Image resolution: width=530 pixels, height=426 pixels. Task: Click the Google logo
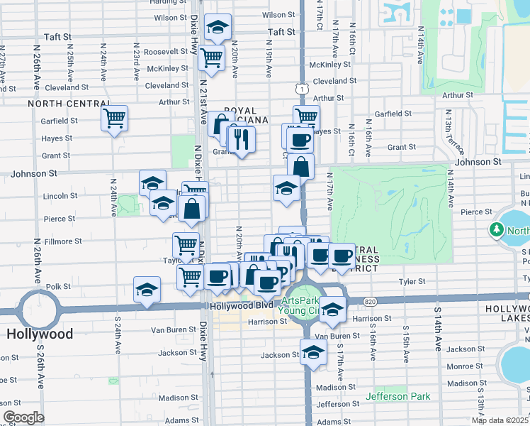[x=23, y=417]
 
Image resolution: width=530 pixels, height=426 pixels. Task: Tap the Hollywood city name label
[x=40, y=334]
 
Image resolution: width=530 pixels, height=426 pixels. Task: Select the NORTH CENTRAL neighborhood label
[x=63, y=104]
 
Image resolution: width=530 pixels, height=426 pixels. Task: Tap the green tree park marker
[x=497, y=230]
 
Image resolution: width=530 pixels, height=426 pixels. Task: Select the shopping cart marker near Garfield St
[x=114, y=119]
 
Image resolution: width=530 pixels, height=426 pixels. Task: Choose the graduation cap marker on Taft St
[x=218, y=28]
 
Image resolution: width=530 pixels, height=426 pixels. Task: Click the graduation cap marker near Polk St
[x=147, y=290]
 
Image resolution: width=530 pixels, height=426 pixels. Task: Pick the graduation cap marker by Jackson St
[x=313, y=351]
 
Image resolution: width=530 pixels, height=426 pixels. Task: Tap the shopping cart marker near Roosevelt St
[x=211, y=58]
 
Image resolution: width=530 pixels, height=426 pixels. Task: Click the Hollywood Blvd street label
[x=240, y=305]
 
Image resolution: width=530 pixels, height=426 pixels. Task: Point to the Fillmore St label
[x=63, y=241]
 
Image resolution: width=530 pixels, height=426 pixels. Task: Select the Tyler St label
[x=411, y=281]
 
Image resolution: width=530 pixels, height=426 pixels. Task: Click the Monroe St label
[x=465, y=366]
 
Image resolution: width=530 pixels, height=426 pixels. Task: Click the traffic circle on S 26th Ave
[x=38, y=310]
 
